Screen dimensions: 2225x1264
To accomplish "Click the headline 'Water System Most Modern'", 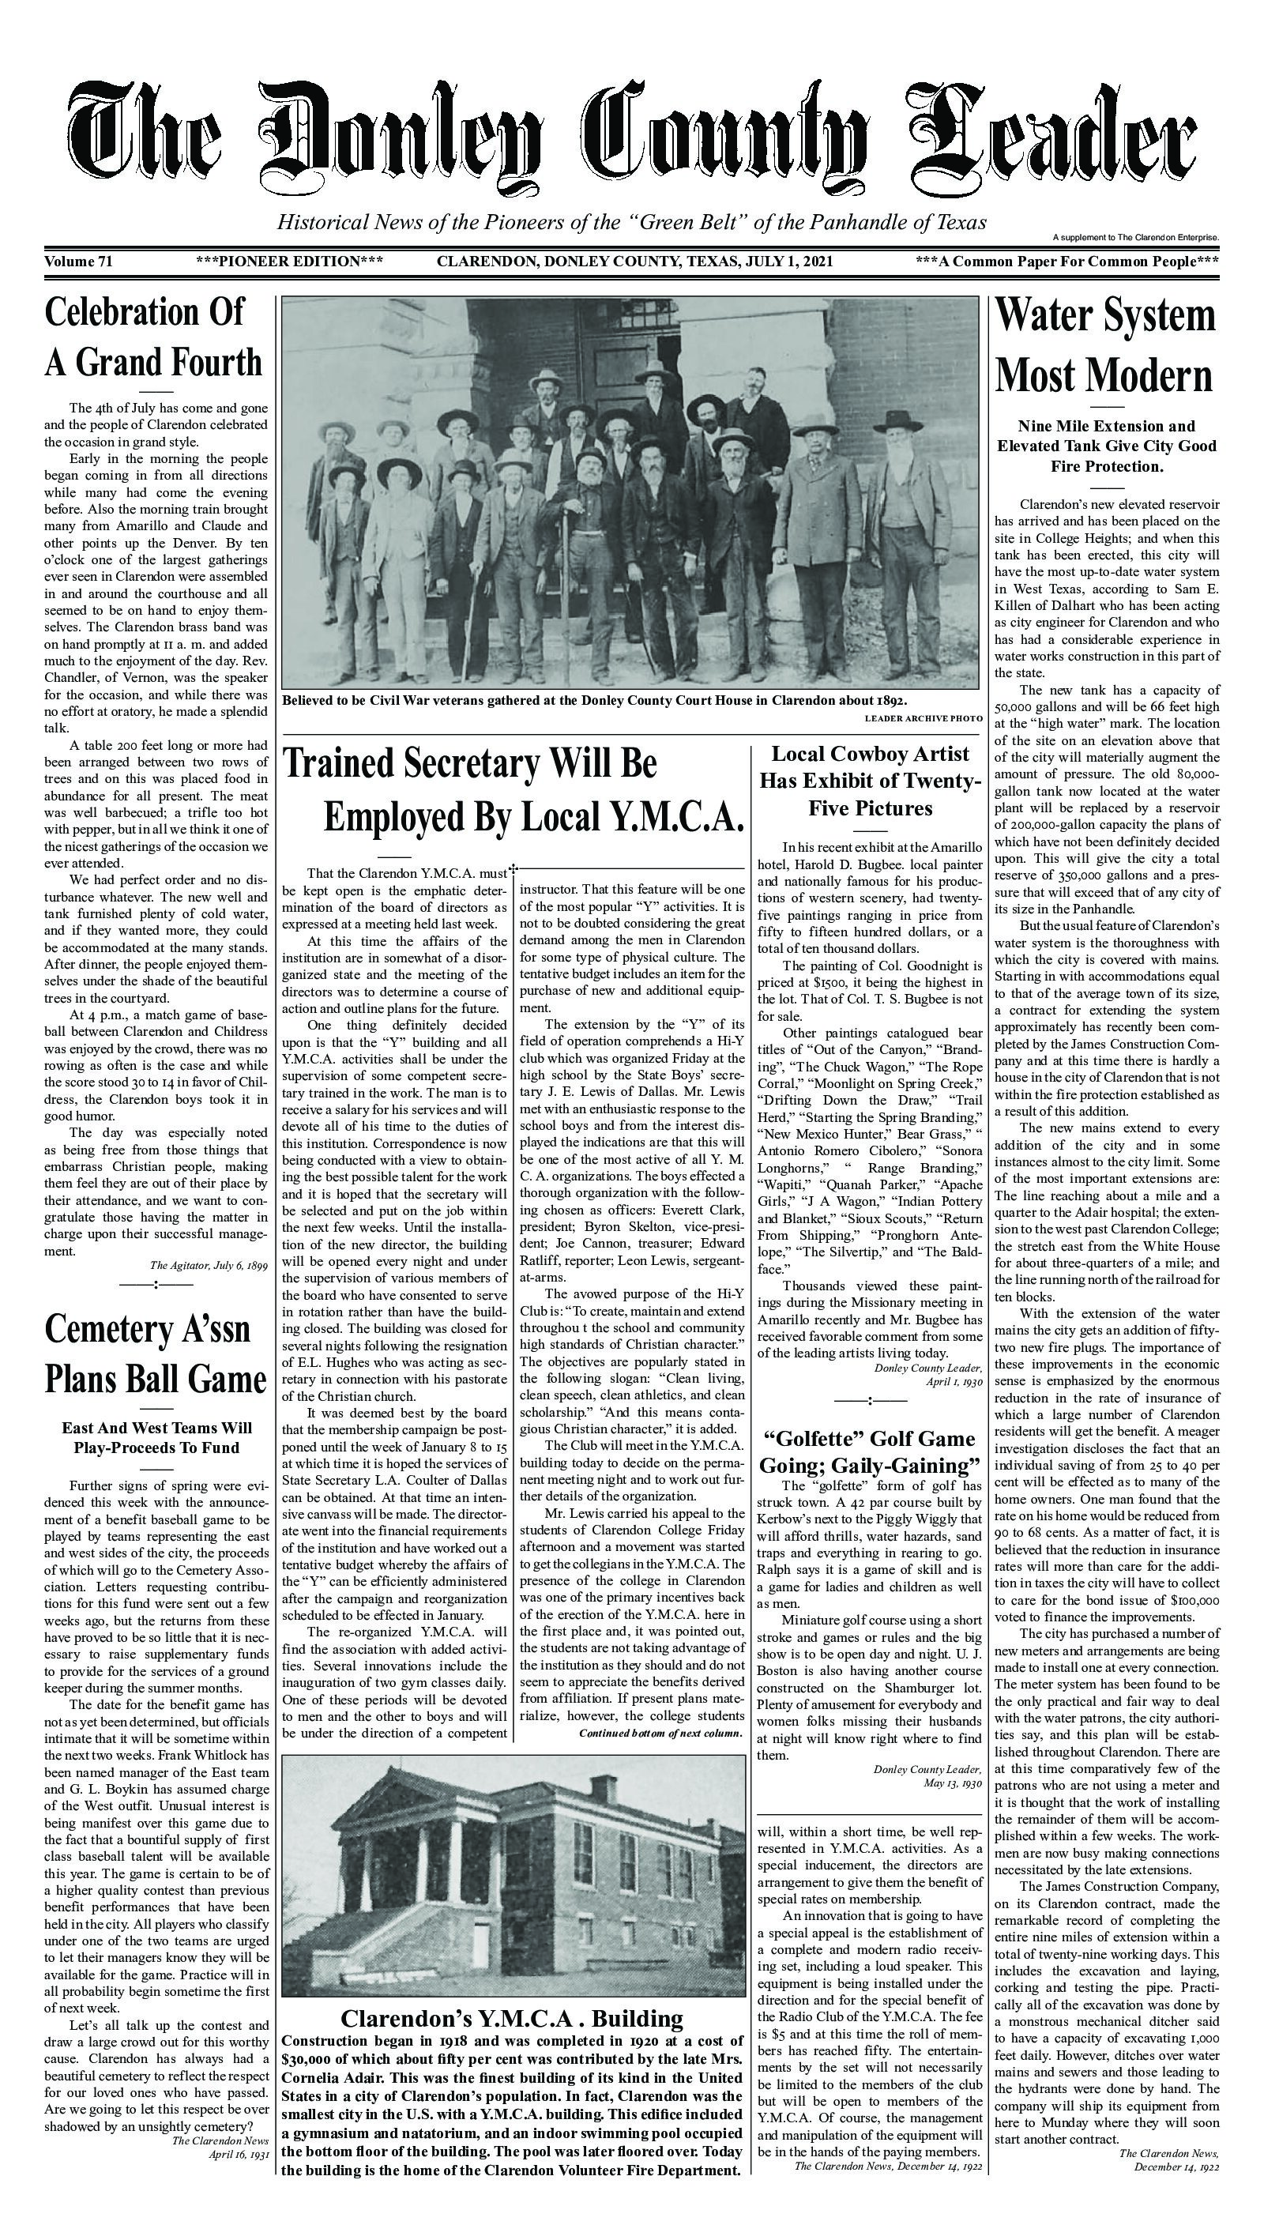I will [x=1105, y=345].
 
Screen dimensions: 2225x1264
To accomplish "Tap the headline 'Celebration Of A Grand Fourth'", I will [x=154, y=337].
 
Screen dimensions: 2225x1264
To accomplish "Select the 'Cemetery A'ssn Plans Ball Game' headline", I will [x=155, y=1353].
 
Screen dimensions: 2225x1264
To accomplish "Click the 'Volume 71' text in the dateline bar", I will [x=78, y=262].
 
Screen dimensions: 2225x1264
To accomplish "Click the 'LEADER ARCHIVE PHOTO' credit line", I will [x=923, y=719].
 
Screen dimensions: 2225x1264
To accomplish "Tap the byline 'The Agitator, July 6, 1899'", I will [x=209, y=1266].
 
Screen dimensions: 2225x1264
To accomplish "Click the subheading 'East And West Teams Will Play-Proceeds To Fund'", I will [x=156, y=1437].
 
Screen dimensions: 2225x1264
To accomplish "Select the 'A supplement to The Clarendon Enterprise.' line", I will [x=1135, y=237].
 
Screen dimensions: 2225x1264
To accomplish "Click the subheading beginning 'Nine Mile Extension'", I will [x=1106, y=446].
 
